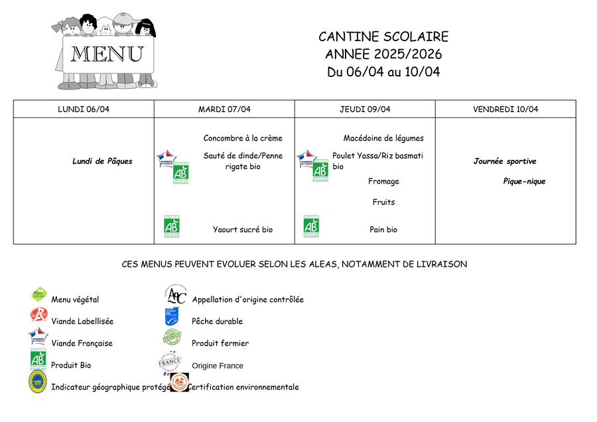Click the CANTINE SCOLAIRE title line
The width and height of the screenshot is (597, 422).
point(383,37)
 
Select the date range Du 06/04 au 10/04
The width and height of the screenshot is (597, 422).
point(383,72)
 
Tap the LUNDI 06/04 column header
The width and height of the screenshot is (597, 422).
point(84,109)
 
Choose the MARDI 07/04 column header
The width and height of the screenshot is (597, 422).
point(224,109)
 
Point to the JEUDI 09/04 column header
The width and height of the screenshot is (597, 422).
point(365,109)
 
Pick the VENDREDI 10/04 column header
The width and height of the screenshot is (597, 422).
point(505,109)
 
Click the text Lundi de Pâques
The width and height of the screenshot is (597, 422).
point(103,161)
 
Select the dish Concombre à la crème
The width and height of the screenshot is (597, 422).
point(243,139)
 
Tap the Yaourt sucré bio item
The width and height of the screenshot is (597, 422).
point(243,230)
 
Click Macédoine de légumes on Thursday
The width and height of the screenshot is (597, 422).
point(383,139)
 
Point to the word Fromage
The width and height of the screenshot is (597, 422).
point(383,181)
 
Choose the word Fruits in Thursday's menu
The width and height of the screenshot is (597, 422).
point(383,202)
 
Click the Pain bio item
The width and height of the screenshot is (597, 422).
point(383,230)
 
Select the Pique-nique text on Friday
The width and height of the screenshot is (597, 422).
point(524,181)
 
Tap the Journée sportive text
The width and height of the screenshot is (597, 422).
point(505,161)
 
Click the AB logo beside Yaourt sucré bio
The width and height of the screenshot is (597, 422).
point(171,225)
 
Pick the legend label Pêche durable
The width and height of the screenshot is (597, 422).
point(217,321)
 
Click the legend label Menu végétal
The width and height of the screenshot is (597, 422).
point(75,300)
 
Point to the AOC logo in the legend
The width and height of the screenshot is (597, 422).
point(176,295)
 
